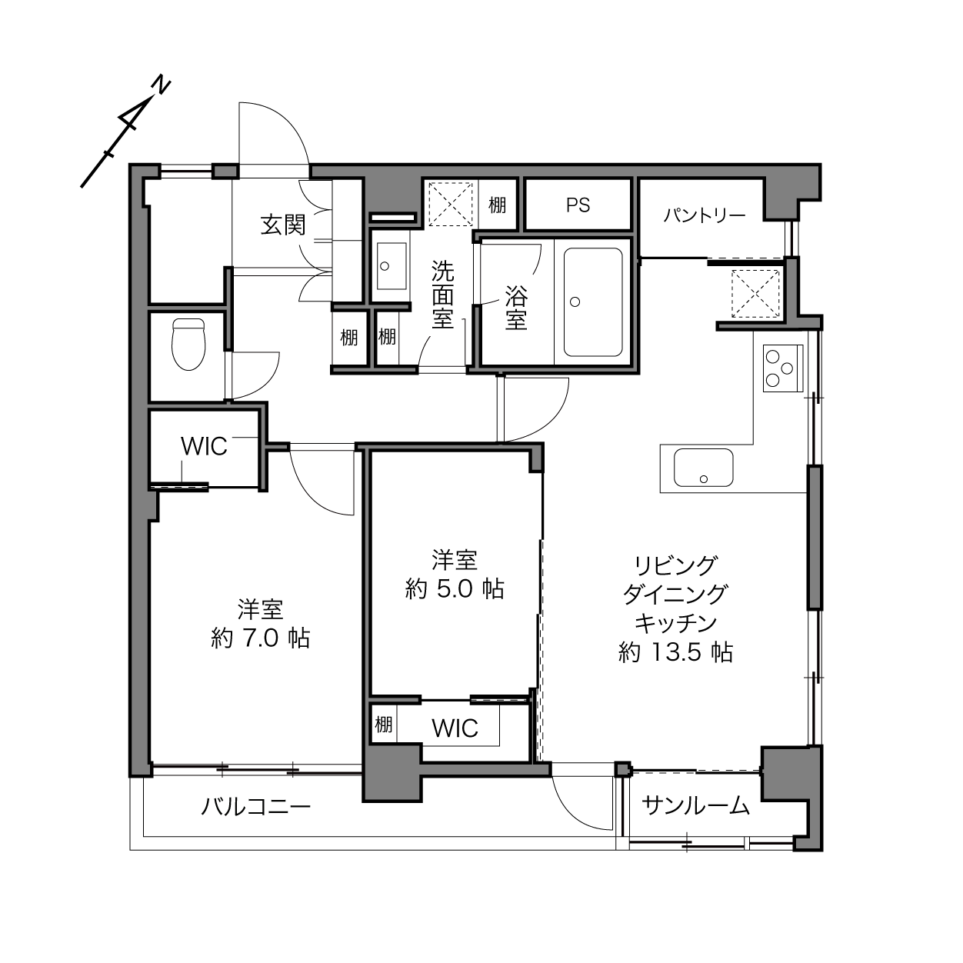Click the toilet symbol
[188, 345]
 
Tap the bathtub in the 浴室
[593, 302]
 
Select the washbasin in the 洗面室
[392, 266]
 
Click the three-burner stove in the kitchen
[782, 368]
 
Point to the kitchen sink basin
[703, 468]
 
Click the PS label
[578, 205]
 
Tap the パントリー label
[705, 215]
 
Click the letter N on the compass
[161, 85]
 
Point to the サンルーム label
[695, 805]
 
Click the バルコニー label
[256, 806]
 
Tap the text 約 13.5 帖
[675, 651]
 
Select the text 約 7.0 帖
[261, 638]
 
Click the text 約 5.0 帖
[455, 588]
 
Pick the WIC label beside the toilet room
[204, 446]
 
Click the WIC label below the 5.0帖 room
[455, 728]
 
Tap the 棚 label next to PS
[497, 205]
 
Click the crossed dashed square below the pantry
[755, 293]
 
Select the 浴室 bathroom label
[516, 308]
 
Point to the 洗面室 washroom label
[443, 295]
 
